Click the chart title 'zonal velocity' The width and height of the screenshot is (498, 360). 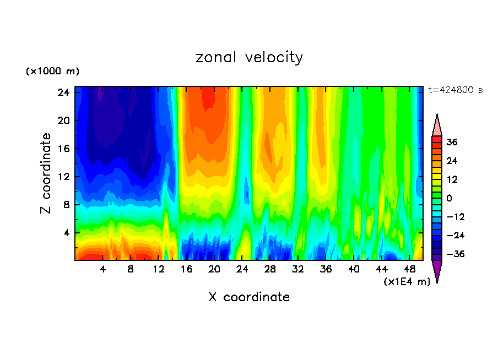pos(249,57)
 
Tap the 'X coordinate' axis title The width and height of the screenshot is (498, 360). pos(249,297)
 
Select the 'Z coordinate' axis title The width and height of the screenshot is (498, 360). pos(46,173)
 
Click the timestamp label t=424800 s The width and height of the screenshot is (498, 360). pos(455,90)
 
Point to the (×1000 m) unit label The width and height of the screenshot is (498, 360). pos(52,72)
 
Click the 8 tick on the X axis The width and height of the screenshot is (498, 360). pos(131,269)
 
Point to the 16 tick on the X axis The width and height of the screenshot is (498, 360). pos(186,269)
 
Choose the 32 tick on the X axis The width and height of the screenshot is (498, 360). pos(298,269)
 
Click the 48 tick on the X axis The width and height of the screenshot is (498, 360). pos(409,269)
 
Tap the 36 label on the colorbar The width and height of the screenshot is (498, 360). pos(452,142)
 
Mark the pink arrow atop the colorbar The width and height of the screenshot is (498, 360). pos(437,124)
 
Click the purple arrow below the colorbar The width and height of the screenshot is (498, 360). pos(437,271)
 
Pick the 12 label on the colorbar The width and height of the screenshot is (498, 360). pos(452,179)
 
